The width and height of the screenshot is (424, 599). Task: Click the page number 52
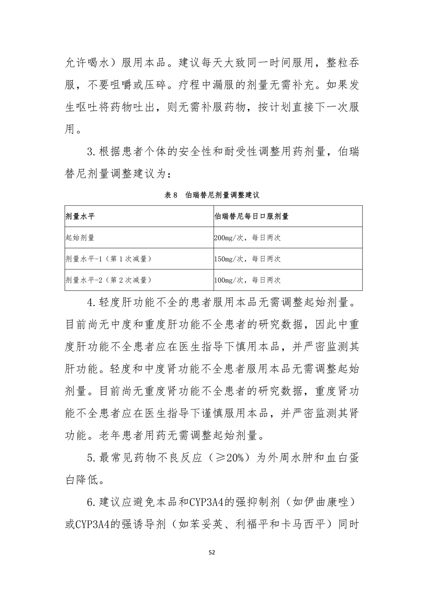(212, 553)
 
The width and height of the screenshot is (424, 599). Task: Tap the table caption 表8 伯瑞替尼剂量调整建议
(212, 195)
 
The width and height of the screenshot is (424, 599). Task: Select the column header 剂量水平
(80, 216)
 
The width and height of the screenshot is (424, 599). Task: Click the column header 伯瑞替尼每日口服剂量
(251, 216)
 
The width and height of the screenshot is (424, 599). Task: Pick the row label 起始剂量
(80, 238)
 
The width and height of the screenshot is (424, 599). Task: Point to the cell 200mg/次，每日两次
(247, 238)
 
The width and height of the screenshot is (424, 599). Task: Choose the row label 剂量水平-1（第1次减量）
(108, 259)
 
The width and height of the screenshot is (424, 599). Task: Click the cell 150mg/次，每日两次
(247, 259)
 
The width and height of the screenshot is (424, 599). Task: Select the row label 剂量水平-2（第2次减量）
(108, 280)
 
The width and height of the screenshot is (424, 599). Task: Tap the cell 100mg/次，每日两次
(247, 280)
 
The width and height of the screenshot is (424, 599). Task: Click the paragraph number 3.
(90, 153)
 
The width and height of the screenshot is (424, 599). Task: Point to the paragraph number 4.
(90, 303)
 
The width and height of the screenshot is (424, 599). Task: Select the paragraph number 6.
(90, 502)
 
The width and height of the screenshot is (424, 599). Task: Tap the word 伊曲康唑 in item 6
(324, 502)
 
